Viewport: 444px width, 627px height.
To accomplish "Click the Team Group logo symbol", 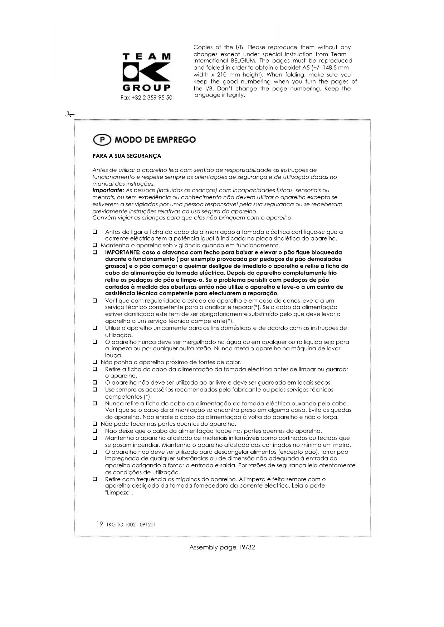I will point(146,72).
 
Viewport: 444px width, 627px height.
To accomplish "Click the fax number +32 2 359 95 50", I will point(146,98).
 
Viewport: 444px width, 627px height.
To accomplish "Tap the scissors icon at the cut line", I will point(69,114).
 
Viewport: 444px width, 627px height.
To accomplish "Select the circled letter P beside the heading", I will point(102,140).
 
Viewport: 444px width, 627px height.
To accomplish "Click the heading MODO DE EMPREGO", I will point(155,140).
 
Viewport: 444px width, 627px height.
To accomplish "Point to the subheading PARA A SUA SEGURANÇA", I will point(127,156).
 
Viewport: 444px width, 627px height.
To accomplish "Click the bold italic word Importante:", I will point(108,191).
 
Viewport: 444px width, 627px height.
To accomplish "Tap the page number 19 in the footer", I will point(99,524).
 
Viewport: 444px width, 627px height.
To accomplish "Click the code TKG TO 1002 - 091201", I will point(131,525).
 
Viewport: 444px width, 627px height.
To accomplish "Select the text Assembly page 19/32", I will point(222,547).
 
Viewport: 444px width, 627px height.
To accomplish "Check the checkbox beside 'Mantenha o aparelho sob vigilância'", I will point(95,246).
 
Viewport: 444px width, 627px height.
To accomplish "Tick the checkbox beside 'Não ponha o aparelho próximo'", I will point(95,362).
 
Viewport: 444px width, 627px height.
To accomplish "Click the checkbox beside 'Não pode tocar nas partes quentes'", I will point(95,424).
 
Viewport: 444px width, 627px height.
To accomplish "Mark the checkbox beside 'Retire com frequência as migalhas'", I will point(95,479).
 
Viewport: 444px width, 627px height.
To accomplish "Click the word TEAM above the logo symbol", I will point(146,57).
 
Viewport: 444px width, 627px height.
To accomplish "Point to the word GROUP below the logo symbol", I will point(146,88).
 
